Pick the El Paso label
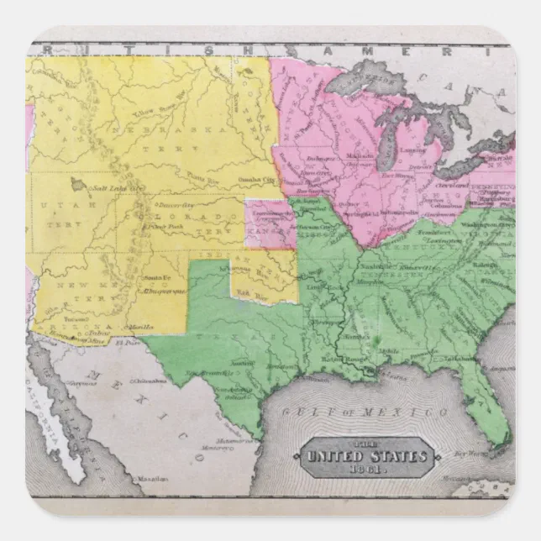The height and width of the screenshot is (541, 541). [128, 343]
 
